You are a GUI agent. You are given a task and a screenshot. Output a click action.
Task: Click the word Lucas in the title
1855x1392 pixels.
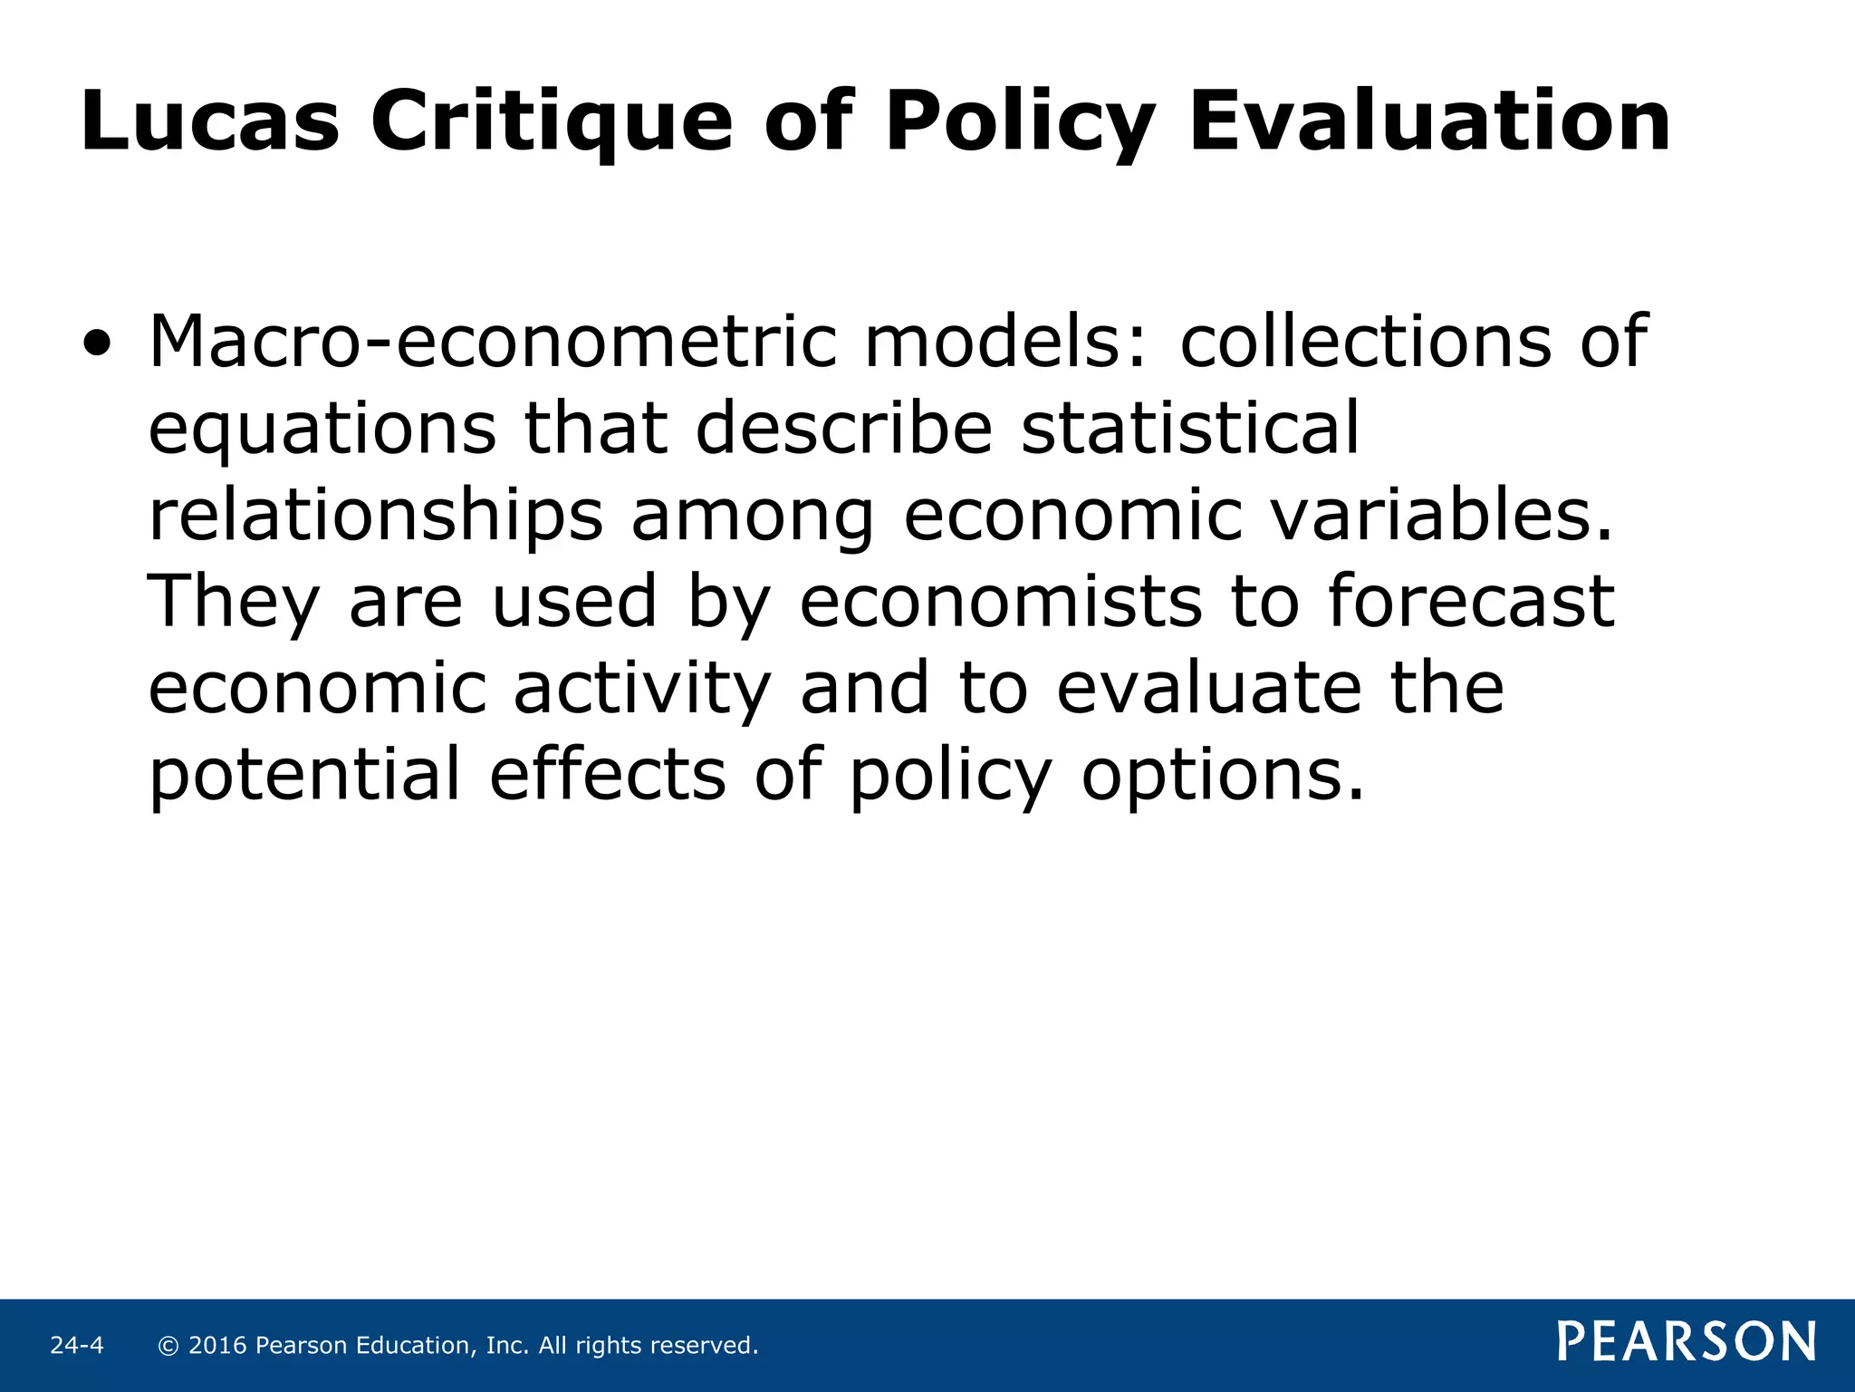click(x=210, y=121)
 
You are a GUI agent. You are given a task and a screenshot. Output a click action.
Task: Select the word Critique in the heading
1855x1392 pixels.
click(x=551, y=123)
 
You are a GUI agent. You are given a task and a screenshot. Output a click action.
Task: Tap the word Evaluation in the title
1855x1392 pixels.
click(x=1429, y=121)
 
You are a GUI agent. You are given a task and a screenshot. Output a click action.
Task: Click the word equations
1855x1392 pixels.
click(x=322, y=430)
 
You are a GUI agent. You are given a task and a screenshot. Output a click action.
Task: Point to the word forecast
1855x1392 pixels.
click(x=1471, y=601)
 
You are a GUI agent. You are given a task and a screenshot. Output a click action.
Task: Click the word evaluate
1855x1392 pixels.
click(x=1208, y=687)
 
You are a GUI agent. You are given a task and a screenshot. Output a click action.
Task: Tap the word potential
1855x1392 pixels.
click(x=305, y=774)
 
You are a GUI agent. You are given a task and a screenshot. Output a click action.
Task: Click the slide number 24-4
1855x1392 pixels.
click(x=77, y=1346)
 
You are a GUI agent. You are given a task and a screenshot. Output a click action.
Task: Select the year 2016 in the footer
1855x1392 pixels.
click(x=217, y=1346)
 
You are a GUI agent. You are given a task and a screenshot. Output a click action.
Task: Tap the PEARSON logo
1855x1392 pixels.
click(x=1687, y=1341)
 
